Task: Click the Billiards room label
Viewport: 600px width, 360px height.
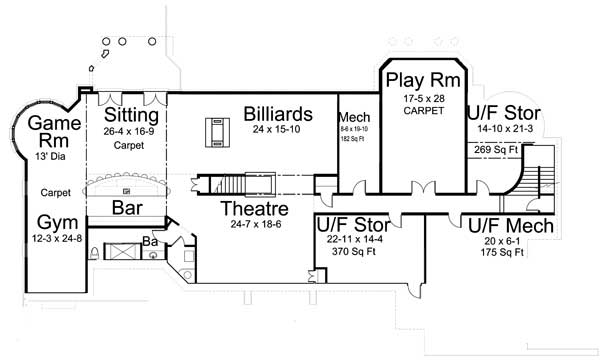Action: pyautogui.click(x=279, y=112)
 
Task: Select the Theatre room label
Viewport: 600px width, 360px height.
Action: pyautogui.click(x=256, y=209)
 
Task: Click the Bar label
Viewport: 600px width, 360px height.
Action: pyautogui.click(x=125, y=210)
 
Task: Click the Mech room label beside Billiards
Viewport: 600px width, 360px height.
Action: pyautogui.click(x=354, y=116)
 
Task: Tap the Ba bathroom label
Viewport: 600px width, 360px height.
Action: pyautogui.click(x=149, y=240)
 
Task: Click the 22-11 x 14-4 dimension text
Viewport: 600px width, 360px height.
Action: pyautogui.click(x=356, y=241)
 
